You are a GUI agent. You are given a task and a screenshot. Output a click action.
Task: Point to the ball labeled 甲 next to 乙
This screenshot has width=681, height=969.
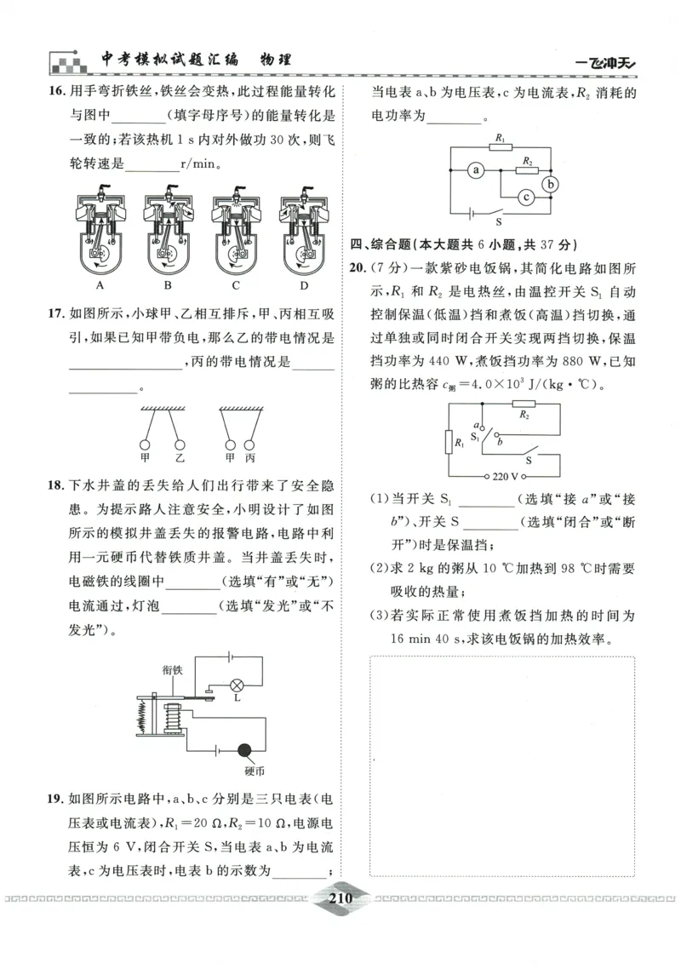click(x=146, y=443)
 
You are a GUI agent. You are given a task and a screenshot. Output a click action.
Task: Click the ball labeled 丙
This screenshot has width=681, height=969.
click(x=249, y=443)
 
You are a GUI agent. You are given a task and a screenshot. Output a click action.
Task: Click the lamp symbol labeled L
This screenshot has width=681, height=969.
click(x=237, y=684)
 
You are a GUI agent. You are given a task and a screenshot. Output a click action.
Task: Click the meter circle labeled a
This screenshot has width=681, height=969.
click(x=477, y=170)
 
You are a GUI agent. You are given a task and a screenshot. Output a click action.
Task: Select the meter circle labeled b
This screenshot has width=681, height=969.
click(x=552, y=182)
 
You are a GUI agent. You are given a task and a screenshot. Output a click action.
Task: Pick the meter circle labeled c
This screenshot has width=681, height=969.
click(x=526, y=198)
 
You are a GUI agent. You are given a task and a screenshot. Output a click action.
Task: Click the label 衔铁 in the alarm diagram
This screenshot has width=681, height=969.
click(x=173, y=669)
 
